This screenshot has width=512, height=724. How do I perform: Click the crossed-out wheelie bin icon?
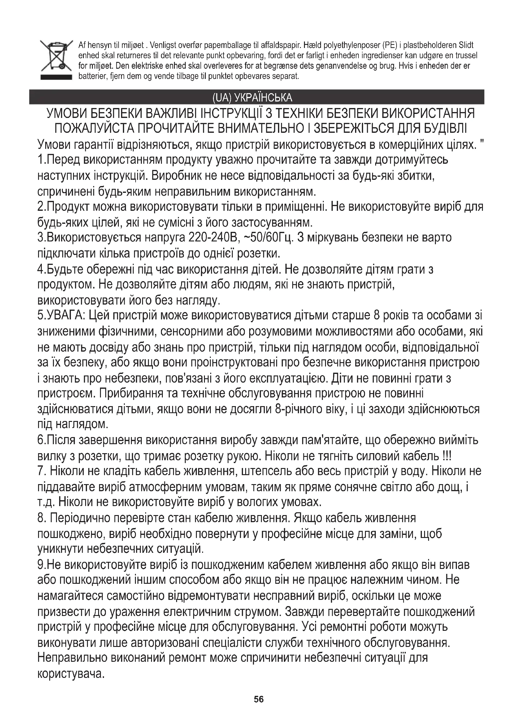56,56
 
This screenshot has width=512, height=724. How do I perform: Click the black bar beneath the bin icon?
56,77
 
